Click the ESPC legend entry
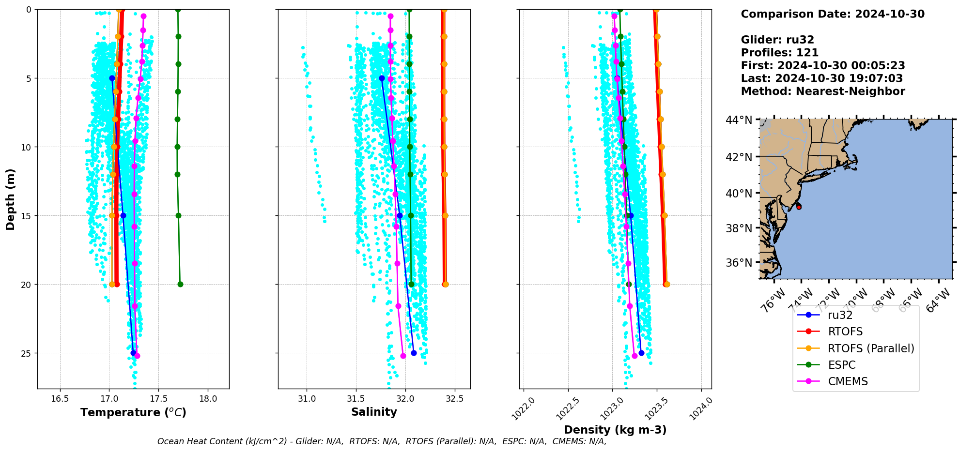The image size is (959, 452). click(841, 365)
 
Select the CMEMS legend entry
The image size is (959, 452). click(848, 381)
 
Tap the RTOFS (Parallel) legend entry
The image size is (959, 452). click(870, 348)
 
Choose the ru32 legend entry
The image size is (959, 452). click(840, 315)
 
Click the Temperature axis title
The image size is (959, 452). click(133, 412)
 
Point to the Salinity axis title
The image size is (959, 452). click(374, 412)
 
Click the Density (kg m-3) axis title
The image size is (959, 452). click(615, 430)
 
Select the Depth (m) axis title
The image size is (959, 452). click(11, 199)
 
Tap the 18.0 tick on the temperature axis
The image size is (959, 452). click(208, 399)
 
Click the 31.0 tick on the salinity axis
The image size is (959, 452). click(307, 399)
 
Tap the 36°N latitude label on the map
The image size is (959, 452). click(739, 263)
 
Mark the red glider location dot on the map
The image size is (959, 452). click(799, 207)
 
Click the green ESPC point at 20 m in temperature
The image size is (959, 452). click(180, 284)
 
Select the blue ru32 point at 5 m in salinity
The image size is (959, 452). click(382, 78)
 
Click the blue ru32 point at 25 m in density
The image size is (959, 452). click(641, 353)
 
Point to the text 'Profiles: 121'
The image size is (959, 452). click(779, 53)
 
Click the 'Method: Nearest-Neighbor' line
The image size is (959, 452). click(822, 91)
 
